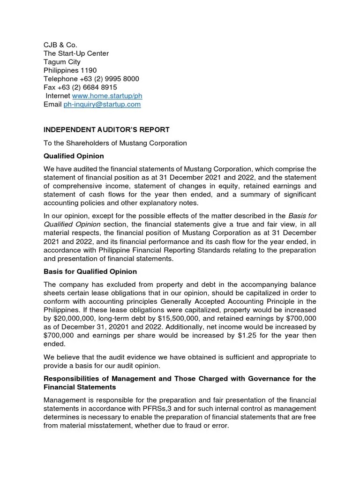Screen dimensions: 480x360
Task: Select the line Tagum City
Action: click(62, 62)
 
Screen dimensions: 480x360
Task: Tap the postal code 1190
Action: click(88, 70)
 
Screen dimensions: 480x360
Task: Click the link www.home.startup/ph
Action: click(107, 96)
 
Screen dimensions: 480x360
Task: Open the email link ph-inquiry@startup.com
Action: click(102, 104)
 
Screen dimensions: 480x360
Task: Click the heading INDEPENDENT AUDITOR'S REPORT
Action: click(107, 129)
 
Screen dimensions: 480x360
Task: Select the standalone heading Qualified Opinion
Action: click(74, 156)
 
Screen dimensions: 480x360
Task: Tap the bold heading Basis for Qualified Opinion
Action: click(90, 272)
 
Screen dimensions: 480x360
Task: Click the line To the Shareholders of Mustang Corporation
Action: click(115, 143)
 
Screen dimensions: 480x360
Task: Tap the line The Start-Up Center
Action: click(76, 53)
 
